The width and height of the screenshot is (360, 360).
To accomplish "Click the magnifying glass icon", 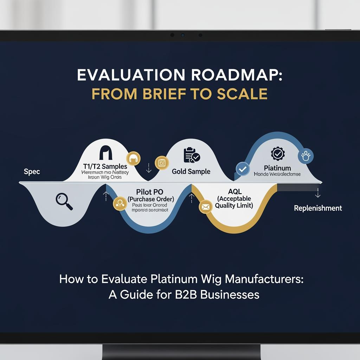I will (x=64, y=201).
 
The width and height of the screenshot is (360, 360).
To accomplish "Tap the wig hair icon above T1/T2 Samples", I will (x=106, y=153).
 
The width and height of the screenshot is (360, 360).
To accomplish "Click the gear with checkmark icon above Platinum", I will (x=278, y=154).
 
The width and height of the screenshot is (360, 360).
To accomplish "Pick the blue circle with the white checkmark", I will (x=242, y=169).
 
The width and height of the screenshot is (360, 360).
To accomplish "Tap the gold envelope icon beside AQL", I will (x=205, y=207).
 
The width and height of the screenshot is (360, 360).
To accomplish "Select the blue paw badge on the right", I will (x=305, y=156).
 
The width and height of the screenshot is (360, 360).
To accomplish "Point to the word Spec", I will (x=32, y=172).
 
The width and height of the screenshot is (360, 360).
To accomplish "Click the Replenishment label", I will (x=318, y=208).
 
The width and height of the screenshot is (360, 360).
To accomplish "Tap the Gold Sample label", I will (x=191, y=172).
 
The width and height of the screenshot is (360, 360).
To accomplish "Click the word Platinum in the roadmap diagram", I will (x=277, y=168).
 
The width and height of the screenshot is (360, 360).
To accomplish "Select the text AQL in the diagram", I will (x=234, y=192).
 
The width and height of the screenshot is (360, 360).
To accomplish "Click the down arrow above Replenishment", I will (x=318, y=193).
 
